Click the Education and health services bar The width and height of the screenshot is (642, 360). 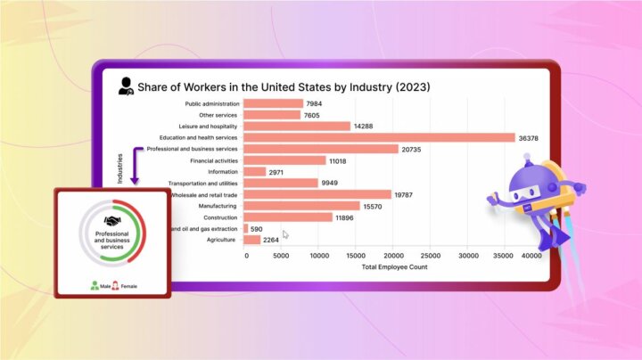[x=379, y=137]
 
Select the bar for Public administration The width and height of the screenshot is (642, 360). [x=273, y=103]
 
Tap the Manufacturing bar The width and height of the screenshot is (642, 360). [x=301, y=206]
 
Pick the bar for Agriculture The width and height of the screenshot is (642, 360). [x=251, y=240]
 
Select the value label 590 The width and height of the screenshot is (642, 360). [x=262, y=229]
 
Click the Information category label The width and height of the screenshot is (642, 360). [x=223, y=172]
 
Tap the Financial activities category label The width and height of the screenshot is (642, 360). [x=214, y=160]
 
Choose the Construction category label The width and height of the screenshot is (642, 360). [x=219, y=217]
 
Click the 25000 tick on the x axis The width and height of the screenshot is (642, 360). [x=429, y=256]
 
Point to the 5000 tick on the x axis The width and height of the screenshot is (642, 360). [x=281, y=256]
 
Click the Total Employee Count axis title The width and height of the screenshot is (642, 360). [x=394, y=266]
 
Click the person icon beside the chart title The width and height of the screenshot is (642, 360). [x=126, y=86]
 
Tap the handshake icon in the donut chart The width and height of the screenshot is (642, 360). [x=112, y=221]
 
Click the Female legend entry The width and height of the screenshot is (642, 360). [x=126, y=286]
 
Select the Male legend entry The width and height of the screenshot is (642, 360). [x=99, y=286]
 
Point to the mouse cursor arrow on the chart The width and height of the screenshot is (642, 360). [x=286, y=234]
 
